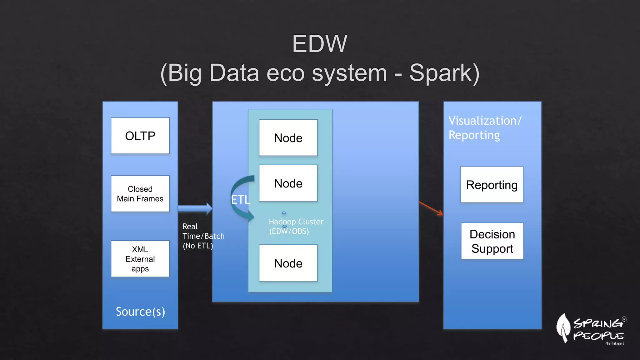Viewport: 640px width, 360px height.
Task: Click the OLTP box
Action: click(x=140, y=136)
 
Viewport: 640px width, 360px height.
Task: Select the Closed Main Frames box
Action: click(x=140, y=193)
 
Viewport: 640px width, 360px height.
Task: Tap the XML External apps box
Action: click(x=140, y=258)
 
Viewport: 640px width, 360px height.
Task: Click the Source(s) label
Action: click(x=140, y=312)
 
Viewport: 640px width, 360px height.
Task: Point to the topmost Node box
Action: click(x=288, y=137)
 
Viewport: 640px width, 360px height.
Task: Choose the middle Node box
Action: click(x=288, y=183)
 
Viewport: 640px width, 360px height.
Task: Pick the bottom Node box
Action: click(x=288, y=263)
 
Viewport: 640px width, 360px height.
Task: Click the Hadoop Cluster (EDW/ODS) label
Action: click(x=296, y=226)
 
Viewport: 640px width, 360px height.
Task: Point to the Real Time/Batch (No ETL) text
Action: click(x=203, y=236)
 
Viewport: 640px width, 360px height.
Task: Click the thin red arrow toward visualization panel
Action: click(x=431, y=208)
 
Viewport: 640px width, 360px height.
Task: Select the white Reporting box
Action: click(x=492, y=185)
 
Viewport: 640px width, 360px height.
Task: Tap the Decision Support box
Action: click(x=492, y=241)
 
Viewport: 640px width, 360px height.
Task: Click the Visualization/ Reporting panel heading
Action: click(x=484, y=128)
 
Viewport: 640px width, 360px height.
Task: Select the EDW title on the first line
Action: click(x=319, y=44)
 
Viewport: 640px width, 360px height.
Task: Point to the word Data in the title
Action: click(x=234, y=73)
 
